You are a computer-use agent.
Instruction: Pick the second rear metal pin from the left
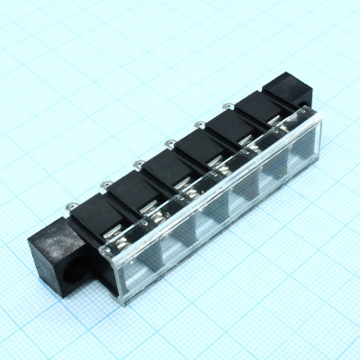(x=139, y=163)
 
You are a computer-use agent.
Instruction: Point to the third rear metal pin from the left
(x=169, y=142)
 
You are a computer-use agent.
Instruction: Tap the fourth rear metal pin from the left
(x=198, y=125)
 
